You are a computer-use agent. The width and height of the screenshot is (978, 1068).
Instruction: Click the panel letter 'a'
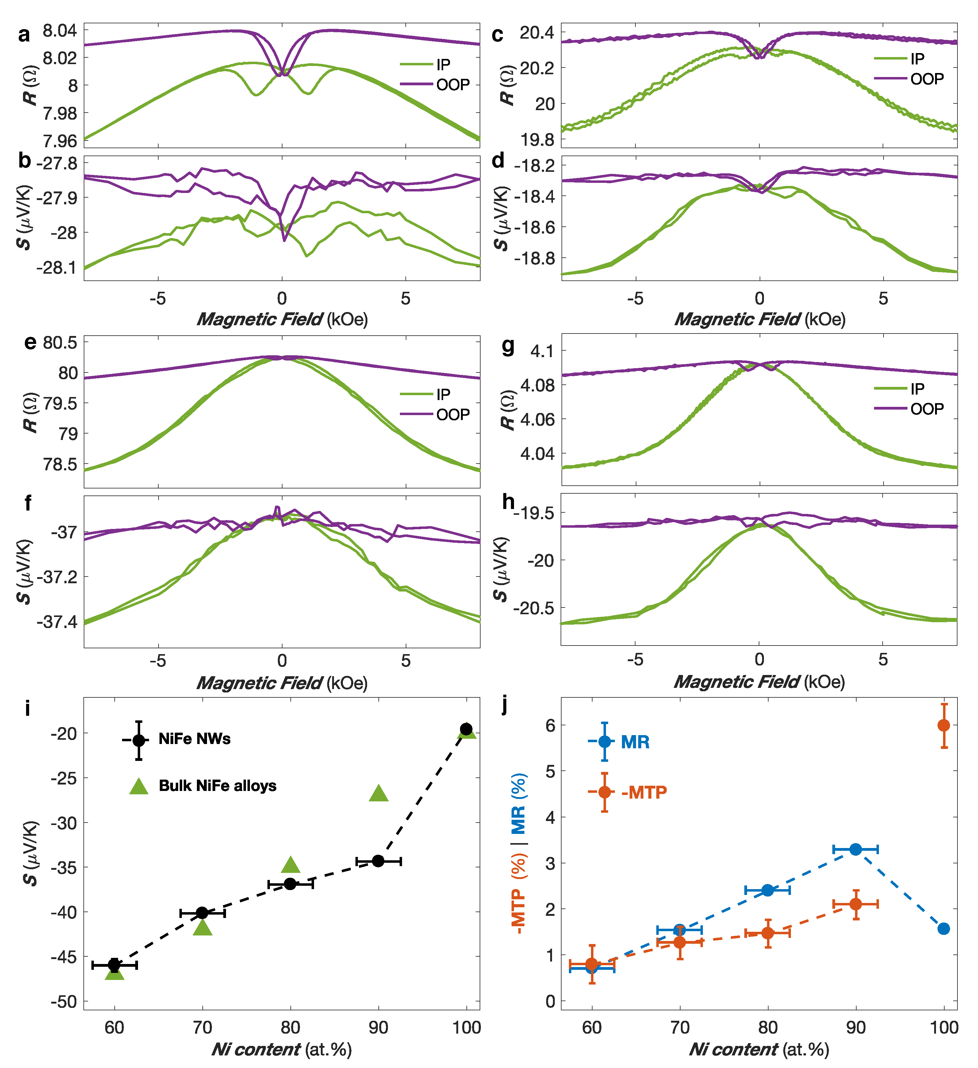point(24,35)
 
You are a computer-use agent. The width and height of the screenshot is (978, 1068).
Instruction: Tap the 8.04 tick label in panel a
point(59,31)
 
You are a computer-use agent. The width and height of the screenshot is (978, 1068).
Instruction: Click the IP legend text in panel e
point(443,394)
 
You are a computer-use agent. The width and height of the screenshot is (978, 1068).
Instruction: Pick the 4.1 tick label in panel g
point(542,351)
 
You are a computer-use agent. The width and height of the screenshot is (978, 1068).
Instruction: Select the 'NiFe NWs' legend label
point(194,739)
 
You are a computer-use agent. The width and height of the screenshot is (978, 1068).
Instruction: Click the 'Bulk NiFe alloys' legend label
point(217,786)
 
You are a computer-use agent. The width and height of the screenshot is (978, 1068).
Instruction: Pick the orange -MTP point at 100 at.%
point(944,725)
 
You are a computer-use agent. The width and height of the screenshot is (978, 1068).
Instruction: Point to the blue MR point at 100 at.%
point(944,929)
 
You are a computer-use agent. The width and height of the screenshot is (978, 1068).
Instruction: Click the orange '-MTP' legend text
point(644,792)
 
